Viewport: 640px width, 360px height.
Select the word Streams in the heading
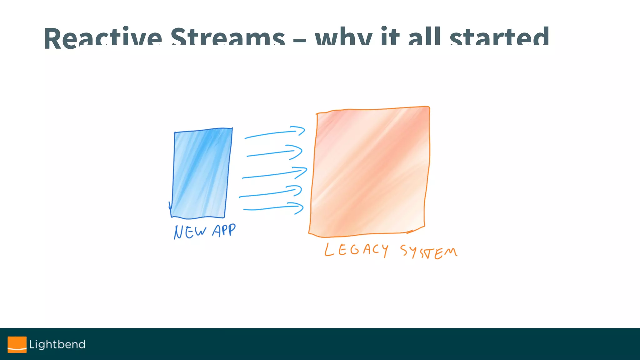[x=227, y=38]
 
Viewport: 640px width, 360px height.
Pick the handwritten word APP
[x=224, y=231]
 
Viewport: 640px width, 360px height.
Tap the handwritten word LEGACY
[x=356, y=250]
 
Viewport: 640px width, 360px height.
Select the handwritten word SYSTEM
[x=428, y=252]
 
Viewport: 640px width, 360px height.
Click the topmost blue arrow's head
[x=299, y=131]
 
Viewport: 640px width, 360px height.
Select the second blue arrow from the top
[x=274, y=152]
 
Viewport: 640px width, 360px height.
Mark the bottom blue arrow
[x=273, y=208]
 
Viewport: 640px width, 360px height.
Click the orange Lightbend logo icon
[x=17, y=344]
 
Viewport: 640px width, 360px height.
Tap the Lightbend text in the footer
[x=57, y=344]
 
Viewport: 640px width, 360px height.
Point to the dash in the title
[x=300, y=41]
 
